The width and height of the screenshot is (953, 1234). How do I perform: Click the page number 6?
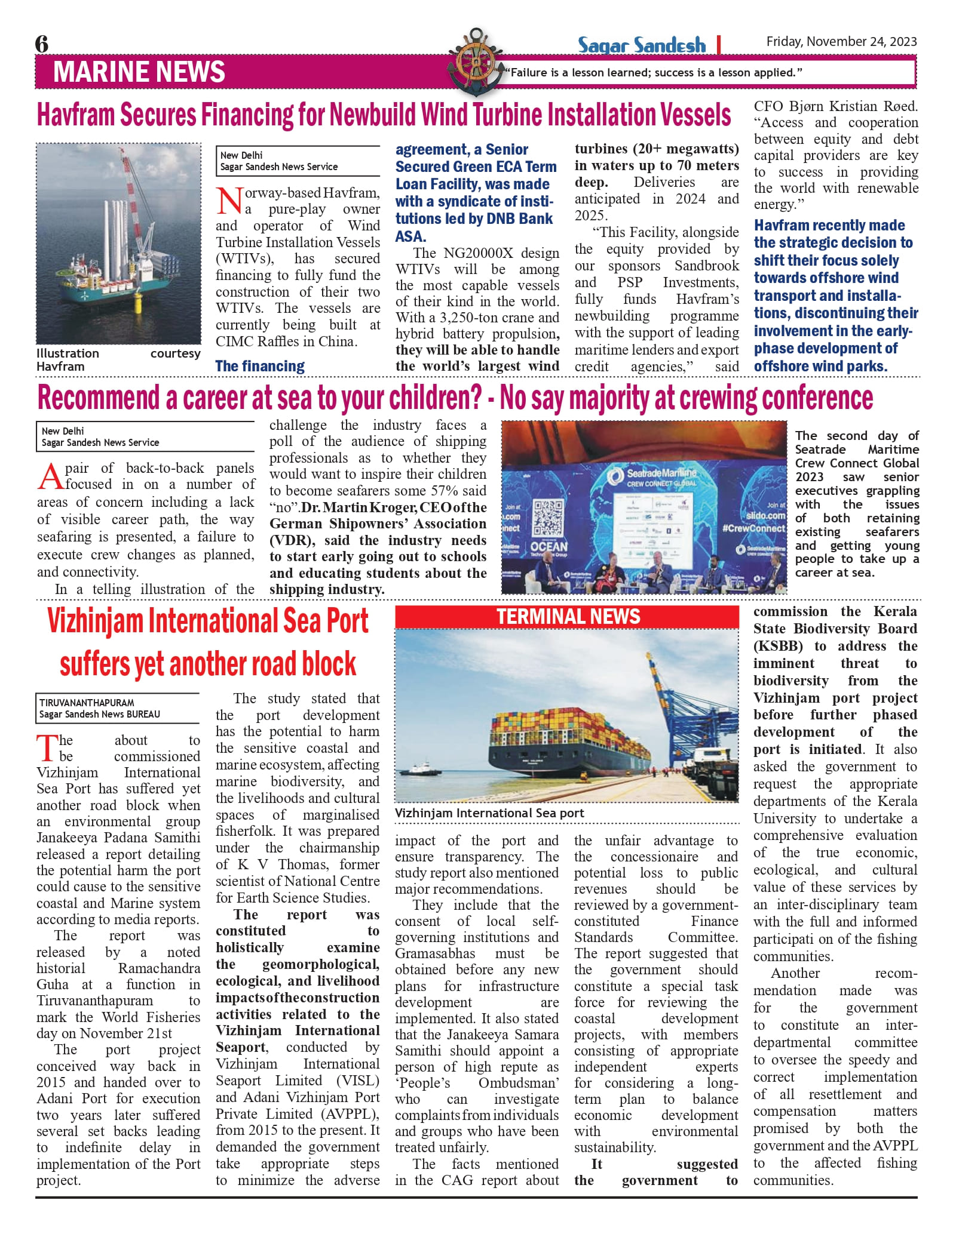(42, 44)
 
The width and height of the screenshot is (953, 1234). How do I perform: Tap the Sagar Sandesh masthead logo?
(641, 45)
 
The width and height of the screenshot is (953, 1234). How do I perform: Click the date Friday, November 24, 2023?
(841, 41)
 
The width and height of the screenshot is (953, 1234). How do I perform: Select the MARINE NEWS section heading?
(139, 72)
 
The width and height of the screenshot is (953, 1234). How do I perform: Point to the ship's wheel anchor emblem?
(476, 61)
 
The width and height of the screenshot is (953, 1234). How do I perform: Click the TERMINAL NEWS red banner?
(568, 617)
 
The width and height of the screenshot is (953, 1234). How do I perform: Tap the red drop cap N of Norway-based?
(229, 201)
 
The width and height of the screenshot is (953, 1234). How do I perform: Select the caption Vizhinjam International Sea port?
(489, 813)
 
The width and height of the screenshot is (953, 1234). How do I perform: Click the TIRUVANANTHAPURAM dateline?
(87, 703)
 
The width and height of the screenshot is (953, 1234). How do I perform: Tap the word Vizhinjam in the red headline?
(96, 621)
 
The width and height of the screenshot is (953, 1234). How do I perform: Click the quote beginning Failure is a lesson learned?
(653, 73)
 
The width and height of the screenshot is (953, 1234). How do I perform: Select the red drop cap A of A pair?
(50, 476)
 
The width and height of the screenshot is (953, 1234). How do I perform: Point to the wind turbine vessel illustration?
(118, 243)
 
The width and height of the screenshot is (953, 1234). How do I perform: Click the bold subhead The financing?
(260, 366)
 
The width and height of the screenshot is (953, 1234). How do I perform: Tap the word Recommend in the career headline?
(99, 398)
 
